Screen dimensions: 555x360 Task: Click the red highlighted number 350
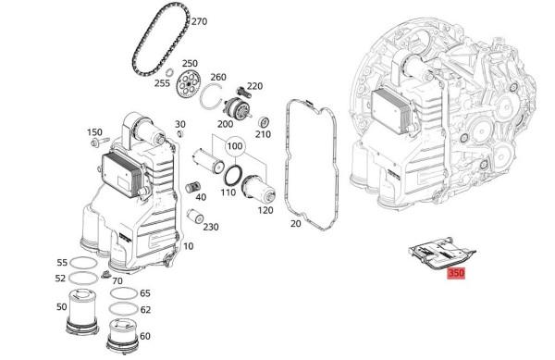tap(456, 273)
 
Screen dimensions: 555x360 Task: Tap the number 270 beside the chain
tap(199, 21)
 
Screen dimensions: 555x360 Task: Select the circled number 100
tap(235, 146)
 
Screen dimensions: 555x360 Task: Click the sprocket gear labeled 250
tap(188, 83)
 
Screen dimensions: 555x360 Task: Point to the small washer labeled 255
tap(169, 72)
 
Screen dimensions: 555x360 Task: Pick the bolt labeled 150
tap(100, 143)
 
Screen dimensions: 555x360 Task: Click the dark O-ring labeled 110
tap(233, 175)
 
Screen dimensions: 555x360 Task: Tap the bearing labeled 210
tap(264, 122)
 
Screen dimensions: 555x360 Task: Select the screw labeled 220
tap(242, 92)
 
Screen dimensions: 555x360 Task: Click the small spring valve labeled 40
tap(192, 187)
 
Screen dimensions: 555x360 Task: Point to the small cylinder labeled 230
tap(195, 216)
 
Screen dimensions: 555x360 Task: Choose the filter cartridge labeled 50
tap(82, 311)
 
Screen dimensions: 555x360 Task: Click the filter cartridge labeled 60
tap(122, 336)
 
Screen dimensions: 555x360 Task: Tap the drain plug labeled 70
tap(105, 275)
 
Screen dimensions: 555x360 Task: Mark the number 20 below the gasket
tap(296, 223)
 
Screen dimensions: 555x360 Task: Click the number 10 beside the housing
tap(189, 246)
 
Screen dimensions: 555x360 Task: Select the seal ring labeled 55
tap(83, 263)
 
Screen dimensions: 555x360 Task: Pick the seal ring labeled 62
tap(123, 309)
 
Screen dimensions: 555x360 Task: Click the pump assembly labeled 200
tap(239, 109)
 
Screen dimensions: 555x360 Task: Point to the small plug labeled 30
tap(179, 133)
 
